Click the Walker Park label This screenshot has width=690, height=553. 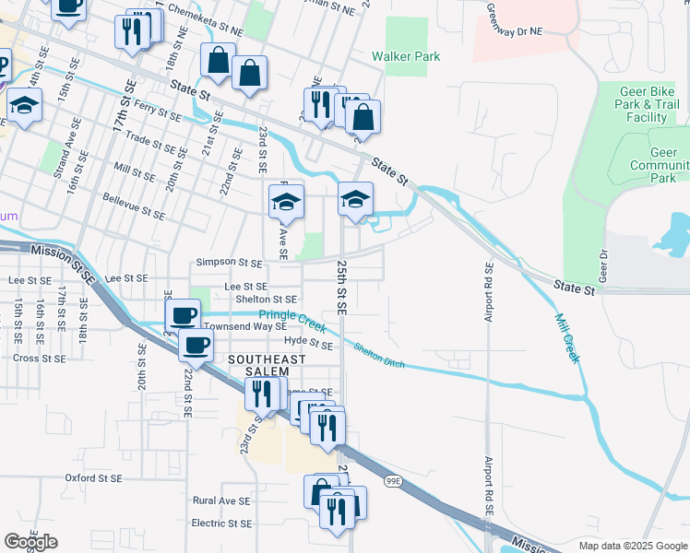click(406, 56)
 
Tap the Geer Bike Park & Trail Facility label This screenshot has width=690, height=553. click(647, 105)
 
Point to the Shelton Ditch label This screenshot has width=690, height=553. click(378, 355)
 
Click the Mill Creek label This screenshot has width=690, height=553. click(567, 337)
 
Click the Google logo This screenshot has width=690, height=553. click(30, 542)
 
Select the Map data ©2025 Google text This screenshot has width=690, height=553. click(632, 546)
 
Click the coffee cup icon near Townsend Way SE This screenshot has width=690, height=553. click(184, 314)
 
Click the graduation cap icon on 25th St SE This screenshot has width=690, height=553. click(355, 197)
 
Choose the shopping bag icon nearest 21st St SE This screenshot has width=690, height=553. click(218, 61)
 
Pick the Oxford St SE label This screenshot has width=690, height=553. click(93, 477)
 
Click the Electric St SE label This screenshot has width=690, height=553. click(221, 524)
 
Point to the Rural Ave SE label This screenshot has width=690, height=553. click(221, 500)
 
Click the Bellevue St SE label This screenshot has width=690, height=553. click(133, 206)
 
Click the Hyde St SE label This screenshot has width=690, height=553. click(308, 344)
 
